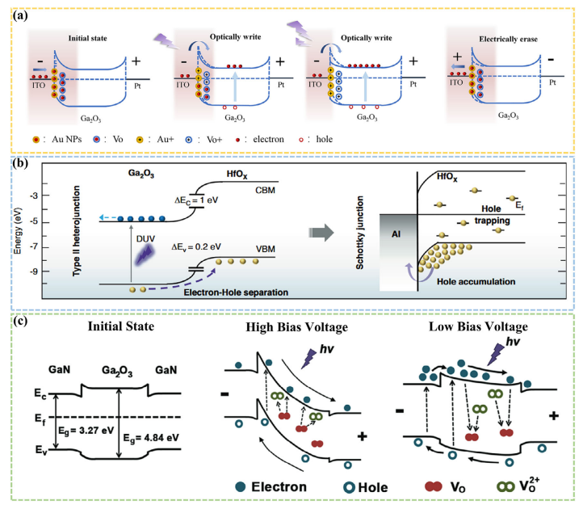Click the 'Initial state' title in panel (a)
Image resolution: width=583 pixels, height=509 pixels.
[87, 38]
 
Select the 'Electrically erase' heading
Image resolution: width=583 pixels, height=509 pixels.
[508, 39]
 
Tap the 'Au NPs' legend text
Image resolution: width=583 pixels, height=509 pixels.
[66, 139]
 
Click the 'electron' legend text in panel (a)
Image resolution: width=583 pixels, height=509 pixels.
[268, 139]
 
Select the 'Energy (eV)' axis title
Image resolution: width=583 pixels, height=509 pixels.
[17, 231]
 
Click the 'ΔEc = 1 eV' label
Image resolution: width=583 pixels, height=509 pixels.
[196, 200]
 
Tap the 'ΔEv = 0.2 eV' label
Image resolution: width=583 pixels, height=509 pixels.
[196, 247]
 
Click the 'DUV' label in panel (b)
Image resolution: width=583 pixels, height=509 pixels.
[145, 239]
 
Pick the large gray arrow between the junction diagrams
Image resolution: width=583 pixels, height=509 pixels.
[321, 233]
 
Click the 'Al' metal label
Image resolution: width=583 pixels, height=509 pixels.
[396, 234]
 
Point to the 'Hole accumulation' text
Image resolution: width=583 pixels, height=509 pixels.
[476, 282]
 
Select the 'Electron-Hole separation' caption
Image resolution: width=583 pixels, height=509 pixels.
[236, 292]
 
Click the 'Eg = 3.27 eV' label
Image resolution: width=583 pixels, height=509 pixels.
[86, 431]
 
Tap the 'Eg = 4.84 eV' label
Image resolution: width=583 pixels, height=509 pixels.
[151, 438]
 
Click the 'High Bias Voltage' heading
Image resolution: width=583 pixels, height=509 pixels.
[296, 327]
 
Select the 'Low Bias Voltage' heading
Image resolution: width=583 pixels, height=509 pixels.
[478, 326]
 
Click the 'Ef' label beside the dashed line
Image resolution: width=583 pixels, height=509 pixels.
[40, 419]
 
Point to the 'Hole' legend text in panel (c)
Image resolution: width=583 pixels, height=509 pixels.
[372, 487]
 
